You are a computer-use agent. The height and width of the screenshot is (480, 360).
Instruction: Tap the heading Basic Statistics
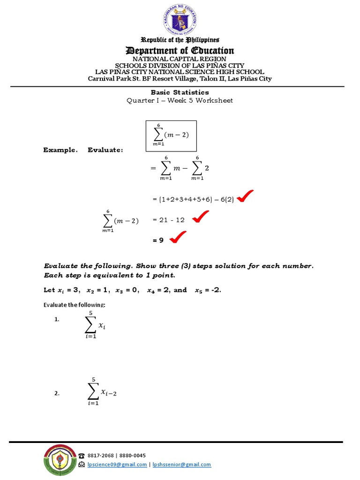point(180,92)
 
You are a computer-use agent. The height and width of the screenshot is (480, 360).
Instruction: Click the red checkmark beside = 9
point(178,238)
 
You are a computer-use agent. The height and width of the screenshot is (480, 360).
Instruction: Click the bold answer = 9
point(158,240)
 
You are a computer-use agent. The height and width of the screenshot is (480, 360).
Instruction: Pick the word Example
point(60,150)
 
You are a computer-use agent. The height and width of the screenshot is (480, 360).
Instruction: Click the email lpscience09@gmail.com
point(117,465)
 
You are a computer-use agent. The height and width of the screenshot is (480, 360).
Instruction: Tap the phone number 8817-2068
point(101,455)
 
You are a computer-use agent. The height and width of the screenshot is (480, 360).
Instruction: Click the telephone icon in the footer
point(82,456)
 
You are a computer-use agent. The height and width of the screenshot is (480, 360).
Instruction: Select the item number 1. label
point(57,319)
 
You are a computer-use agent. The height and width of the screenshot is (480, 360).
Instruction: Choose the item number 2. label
point(57,394)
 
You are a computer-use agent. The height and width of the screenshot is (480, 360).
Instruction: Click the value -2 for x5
point(215,290)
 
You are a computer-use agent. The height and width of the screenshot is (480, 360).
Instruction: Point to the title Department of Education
point(180,51)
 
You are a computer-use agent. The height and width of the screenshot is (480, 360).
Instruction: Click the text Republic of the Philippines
point(180,40)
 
